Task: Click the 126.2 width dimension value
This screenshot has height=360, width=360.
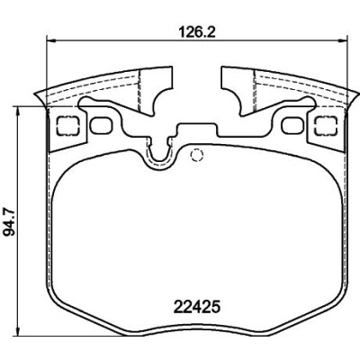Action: click(196, 32)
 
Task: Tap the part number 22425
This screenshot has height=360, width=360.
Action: click(197, 308)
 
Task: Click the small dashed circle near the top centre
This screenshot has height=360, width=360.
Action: click(197, 155)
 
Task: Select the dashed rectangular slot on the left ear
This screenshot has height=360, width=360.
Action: click(68, 126)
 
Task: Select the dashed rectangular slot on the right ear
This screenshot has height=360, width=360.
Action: click(327, 126)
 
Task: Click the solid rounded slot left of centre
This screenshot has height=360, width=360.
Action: click(102, 125)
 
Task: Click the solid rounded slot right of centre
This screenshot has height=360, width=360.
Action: click(293, 125)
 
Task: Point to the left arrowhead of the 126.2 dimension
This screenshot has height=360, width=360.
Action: click(51, 40)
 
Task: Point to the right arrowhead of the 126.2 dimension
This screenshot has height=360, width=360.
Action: click(342, 40)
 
